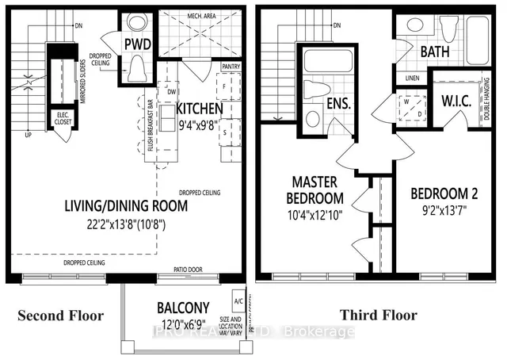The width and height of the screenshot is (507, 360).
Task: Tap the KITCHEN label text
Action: [200, 109]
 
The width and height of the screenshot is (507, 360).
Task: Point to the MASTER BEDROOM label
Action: [305, 190]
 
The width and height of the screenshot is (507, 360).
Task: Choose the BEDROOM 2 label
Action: [440, 193]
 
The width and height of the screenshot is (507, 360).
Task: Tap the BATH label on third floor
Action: [436, 52]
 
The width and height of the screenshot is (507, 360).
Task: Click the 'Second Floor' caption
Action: [61, 316]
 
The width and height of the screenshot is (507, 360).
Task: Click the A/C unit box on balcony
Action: [237, 303]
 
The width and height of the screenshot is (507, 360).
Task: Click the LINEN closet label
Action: [410, 78]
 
